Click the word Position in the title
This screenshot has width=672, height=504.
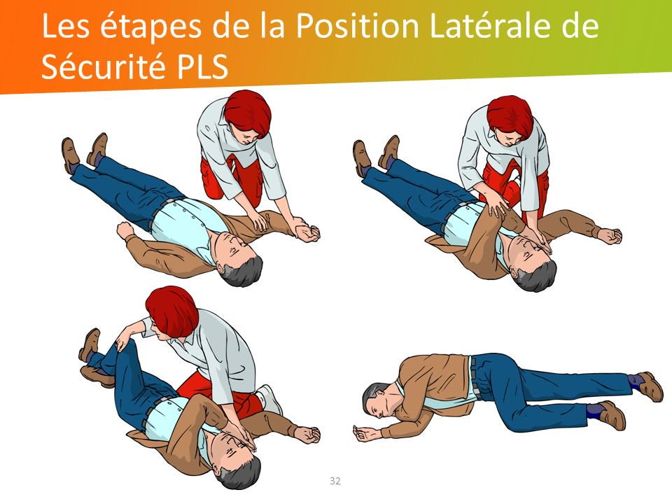click(358, 26)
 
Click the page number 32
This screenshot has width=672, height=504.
click(335, 481)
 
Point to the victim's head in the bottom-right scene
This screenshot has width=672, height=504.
click(379, 400)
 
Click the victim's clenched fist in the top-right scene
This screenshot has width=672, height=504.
click(610, 236)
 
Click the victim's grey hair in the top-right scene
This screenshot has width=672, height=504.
click(538, 277)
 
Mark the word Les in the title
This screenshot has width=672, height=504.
click(66, 26)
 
